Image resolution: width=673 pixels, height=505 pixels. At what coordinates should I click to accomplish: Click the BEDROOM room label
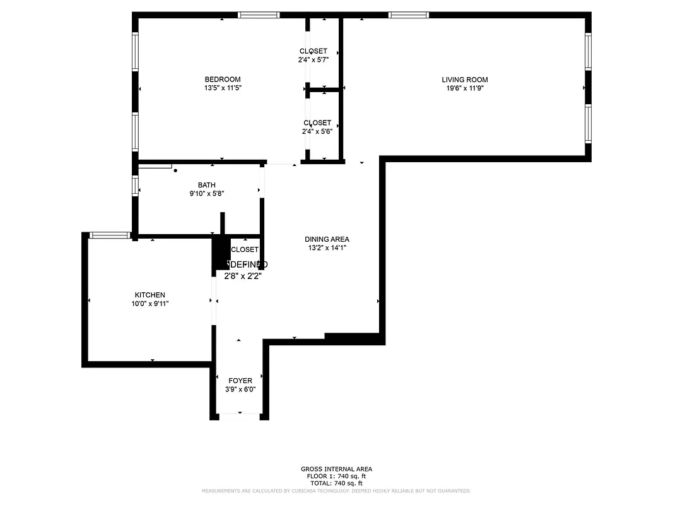point(223,80)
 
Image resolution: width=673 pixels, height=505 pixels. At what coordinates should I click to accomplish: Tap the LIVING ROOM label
point(464,80)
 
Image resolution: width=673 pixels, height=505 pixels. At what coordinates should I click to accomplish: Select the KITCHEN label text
point(150,295)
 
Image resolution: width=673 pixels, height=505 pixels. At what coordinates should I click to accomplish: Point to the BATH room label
point(206,185)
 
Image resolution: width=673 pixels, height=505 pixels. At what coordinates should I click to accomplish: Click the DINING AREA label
point(327,239)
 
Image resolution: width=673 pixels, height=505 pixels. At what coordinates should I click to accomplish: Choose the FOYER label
point(240,381)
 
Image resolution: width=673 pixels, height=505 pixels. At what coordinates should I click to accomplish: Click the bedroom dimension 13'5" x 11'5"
point(223,88)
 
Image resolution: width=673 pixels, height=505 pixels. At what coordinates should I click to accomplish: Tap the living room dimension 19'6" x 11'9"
point(464,88)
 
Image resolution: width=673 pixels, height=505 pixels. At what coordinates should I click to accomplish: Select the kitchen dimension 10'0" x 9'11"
point(150,304)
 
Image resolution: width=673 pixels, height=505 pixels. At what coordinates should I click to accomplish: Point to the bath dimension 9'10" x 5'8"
point(206,194)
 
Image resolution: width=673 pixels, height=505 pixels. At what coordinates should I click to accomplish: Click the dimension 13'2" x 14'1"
point(327,248)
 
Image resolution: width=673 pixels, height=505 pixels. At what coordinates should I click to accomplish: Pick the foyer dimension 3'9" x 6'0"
point(240,389)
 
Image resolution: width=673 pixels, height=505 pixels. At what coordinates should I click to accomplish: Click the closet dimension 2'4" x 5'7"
point(313,60)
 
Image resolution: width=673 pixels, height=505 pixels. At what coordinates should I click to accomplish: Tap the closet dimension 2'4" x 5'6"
point(317,132)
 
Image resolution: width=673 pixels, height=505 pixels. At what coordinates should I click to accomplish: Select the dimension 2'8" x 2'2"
point(243,275)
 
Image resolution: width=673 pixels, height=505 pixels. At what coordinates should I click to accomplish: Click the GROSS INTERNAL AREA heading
point(336,469)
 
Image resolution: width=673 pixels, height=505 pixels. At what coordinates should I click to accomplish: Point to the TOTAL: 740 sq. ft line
point(336,483)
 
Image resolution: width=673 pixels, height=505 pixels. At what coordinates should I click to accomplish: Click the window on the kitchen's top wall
point(110,235)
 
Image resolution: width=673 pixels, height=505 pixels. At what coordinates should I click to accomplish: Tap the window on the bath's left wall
point(136,185)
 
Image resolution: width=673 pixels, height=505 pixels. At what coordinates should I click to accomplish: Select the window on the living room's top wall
point(408,15)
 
